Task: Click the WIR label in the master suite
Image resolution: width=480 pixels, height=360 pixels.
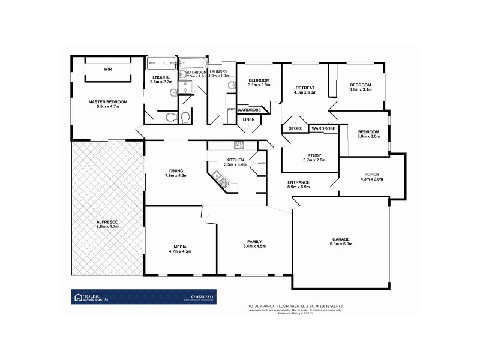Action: (108, 70)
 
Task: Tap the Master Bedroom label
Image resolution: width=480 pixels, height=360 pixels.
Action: (108, 102)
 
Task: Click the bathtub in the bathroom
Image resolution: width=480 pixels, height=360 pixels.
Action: (193, 64)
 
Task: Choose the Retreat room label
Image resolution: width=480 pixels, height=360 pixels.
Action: (305, 88)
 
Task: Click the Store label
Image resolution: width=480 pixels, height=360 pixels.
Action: (295, 128)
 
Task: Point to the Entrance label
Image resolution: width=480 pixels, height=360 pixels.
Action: (298, 182)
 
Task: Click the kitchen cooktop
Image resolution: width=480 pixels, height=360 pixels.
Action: (239, 144)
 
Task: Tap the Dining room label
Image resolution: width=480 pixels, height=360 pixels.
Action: (176, 170)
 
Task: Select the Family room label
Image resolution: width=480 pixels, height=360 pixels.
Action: (254, 242)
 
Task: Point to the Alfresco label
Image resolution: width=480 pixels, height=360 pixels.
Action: (107, 223)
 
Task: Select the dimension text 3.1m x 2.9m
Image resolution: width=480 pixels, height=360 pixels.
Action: (259, 85)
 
